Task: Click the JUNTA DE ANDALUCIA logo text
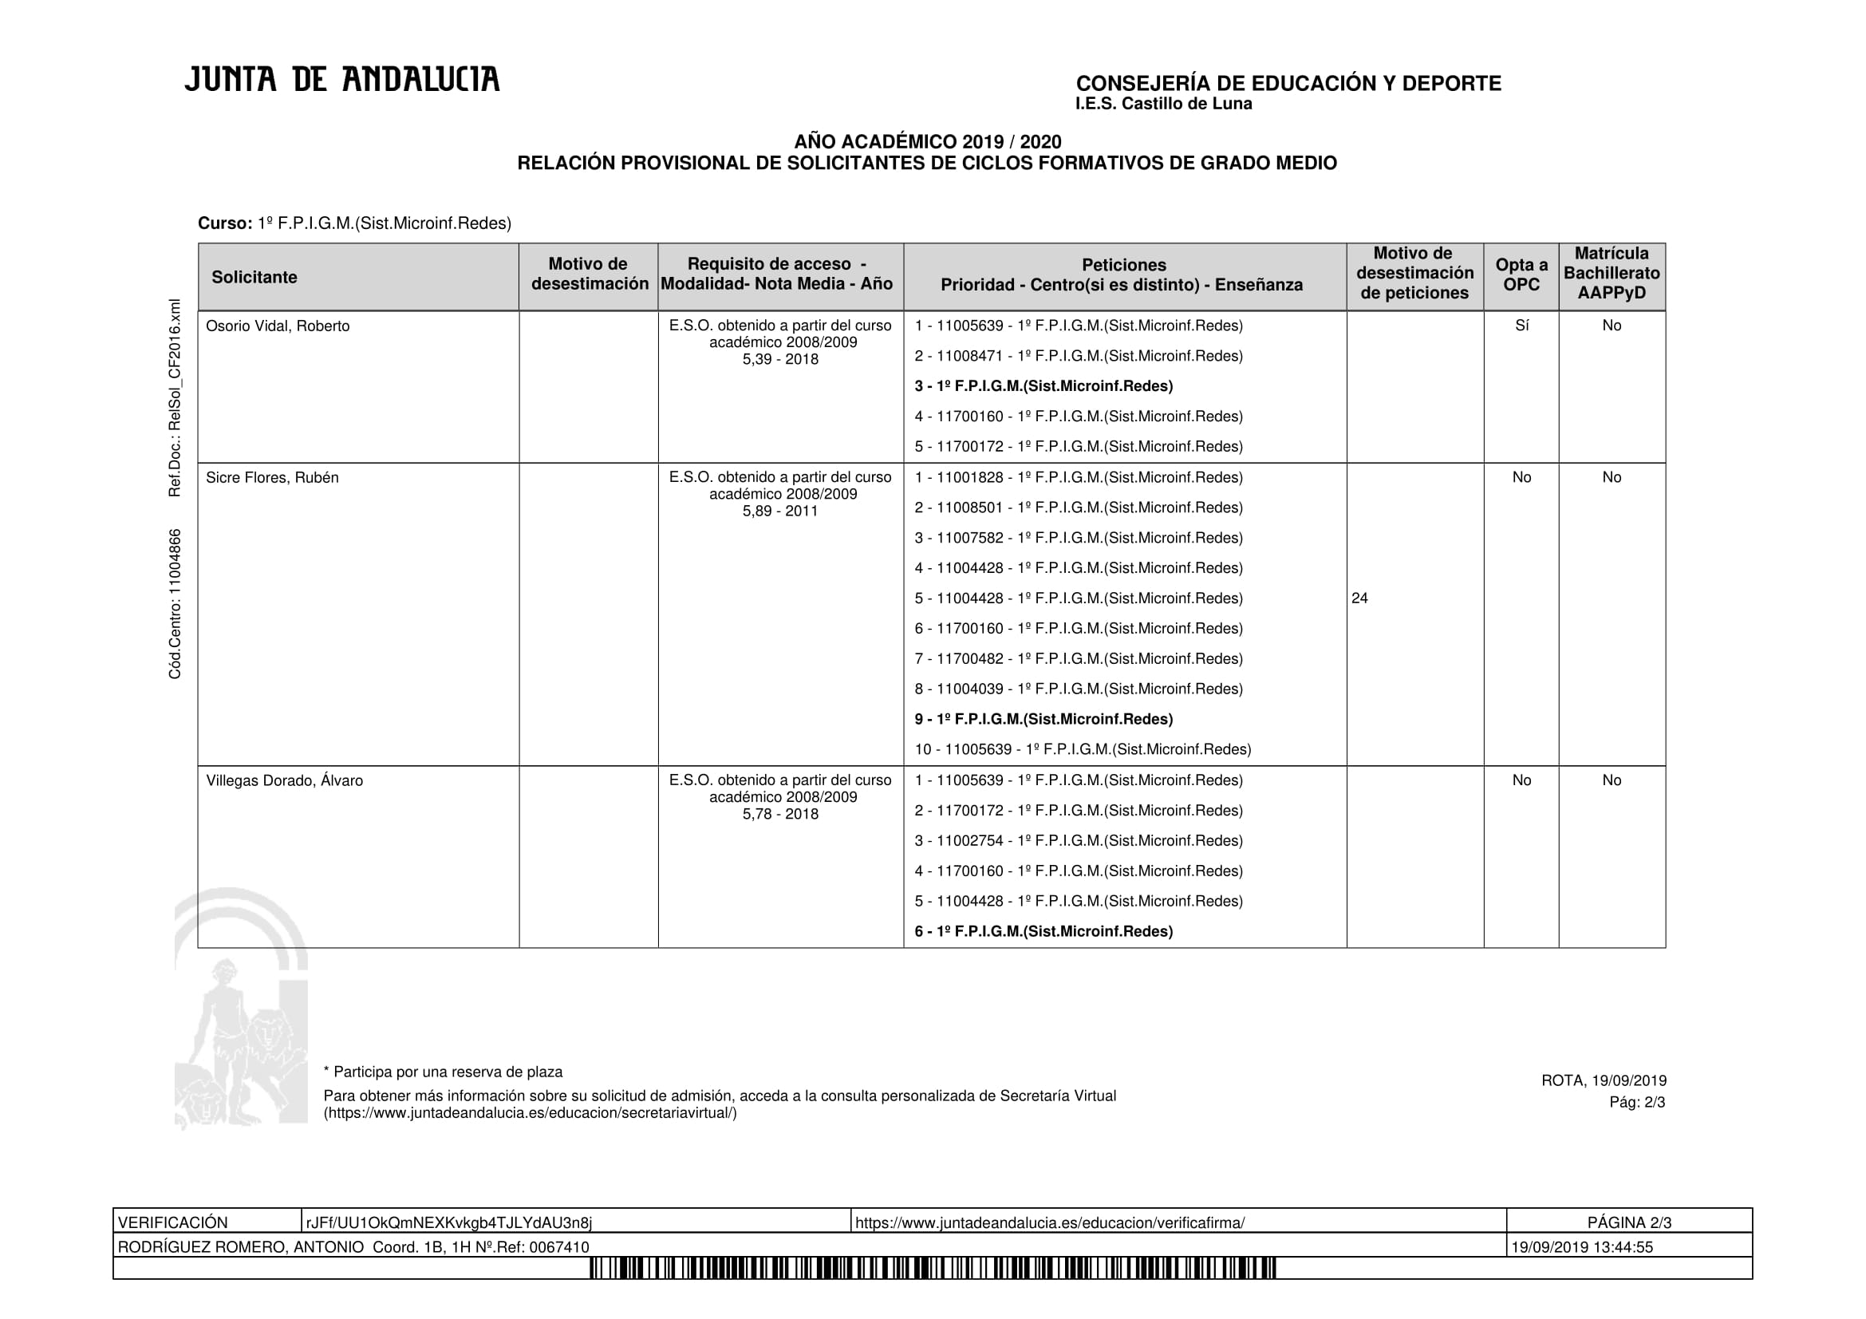point(341,80)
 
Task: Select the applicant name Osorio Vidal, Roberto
point(277,326)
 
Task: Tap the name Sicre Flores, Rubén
point(271,478)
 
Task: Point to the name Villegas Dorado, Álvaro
point(284,780)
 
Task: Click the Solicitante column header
point(254,277)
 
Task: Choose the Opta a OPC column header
point(1521,274)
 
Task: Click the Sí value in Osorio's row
point(1521,326)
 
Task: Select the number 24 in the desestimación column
point(1359,598)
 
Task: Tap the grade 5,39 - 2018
point(779,359)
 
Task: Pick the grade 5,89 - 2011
point(779,511)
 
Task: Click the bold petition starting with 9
point(1043,719)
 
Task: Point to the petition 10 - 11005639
point(1082,749)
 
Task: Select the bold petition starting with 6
point(1043,931)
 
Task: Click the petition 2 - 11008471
point(1078,356)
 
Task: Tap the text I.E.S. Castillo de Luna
point(1163,104)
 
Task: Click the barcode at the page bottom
point(933,1268)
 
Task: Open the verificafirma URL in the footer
point(1049,1223)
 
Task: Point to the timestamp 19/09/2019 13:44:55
point(1581,1246)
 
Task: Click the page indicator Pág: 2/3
point(1637,1102)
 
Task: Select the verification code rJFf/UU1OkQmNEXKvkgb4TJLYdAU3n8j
point(448,1223)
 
